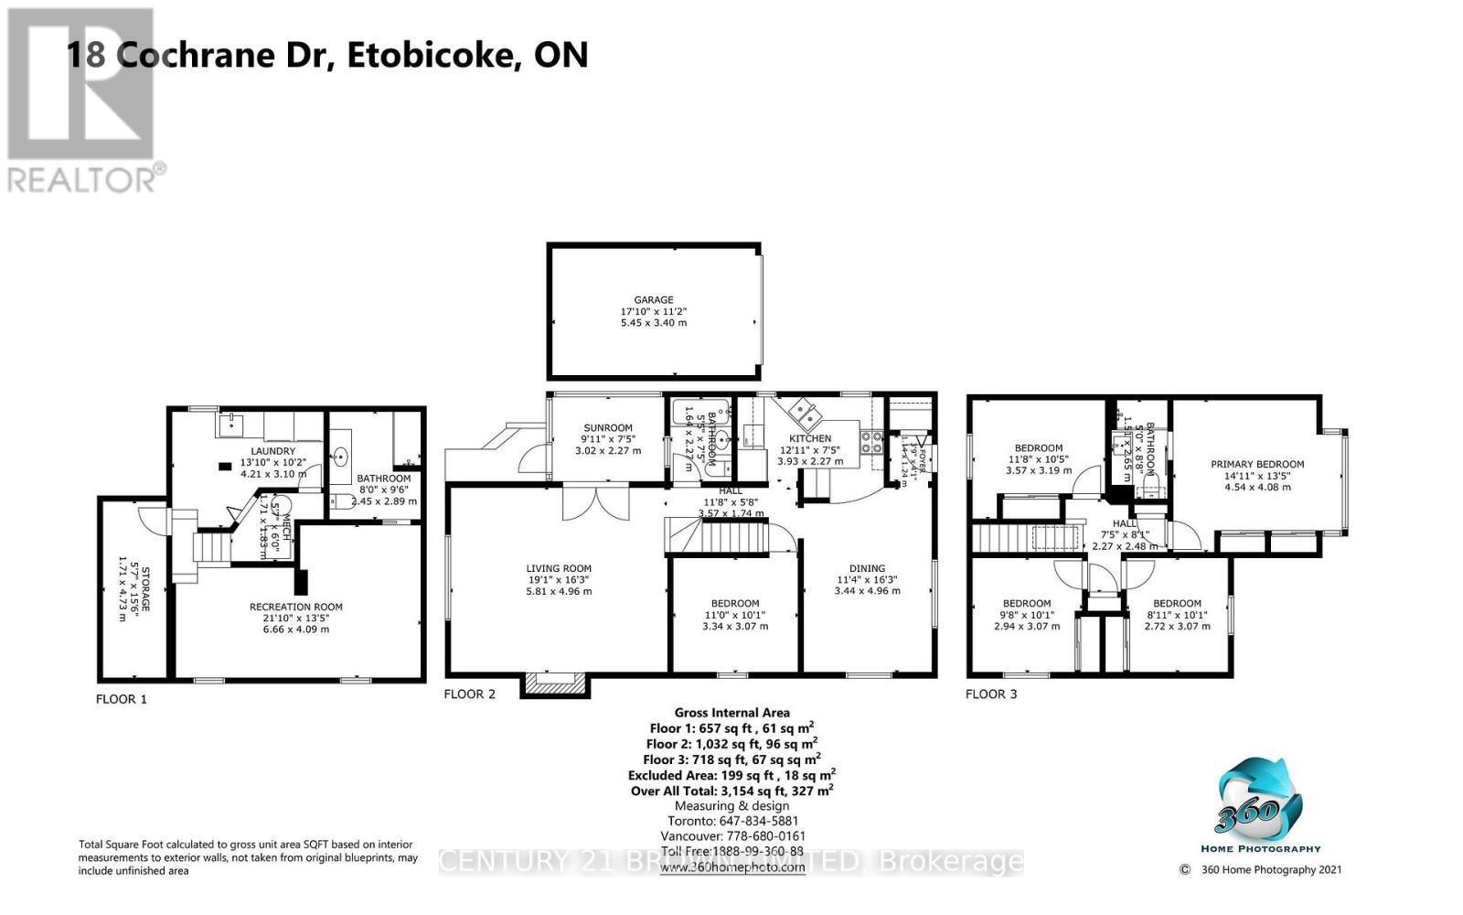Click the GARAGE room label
pyautogui.click(x=654, y=300)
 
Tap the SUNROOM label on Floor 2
pyautogui.click(x=608, y=428)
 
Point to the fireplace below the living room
pyautogui.click(x=552, y=685)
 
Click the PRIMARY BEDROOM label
pyautogui.click(x=1257, y=465)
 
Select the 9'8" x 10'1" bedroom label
pyautogui.click(x=1026, y=604)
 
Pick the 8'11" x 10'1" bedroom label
pyautogui.click(x=1177, y=604)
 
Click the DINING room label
pyautogui.click(x=867, y=568)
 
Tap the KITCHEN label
pyautogui.click(x=810, y=439)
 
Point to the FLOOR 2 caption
pyautogui.click(x=469, y=694)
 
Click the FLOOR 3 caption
pyautogui.click(x=991, y=694)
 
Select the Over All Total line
pyautogui.click(x=731, y=791)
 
